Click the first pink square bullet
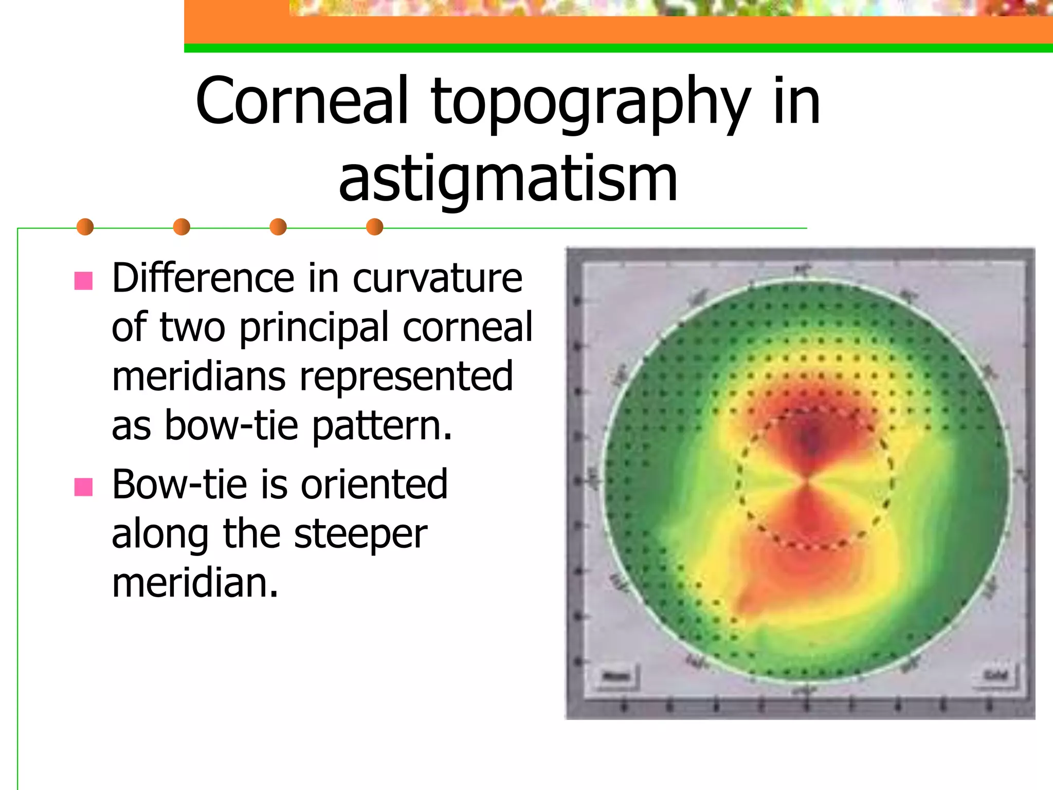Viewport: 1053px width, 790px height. coord(83,281)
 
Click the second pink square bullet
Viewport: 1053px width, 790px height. coord(83,487)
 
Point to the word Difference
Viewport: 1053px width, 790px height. coord(203,278)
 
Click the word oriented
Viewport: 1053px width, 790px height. coord(374,484)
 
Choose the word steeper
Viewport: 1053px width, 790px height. coord(360,534)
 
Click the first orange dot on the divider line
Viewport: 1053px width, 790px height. coord(85,227)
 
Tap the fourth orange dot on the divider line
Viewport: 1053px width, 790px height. coord(374,227)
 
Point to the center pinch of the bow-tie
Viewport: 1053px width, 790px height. coord(806,482)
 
